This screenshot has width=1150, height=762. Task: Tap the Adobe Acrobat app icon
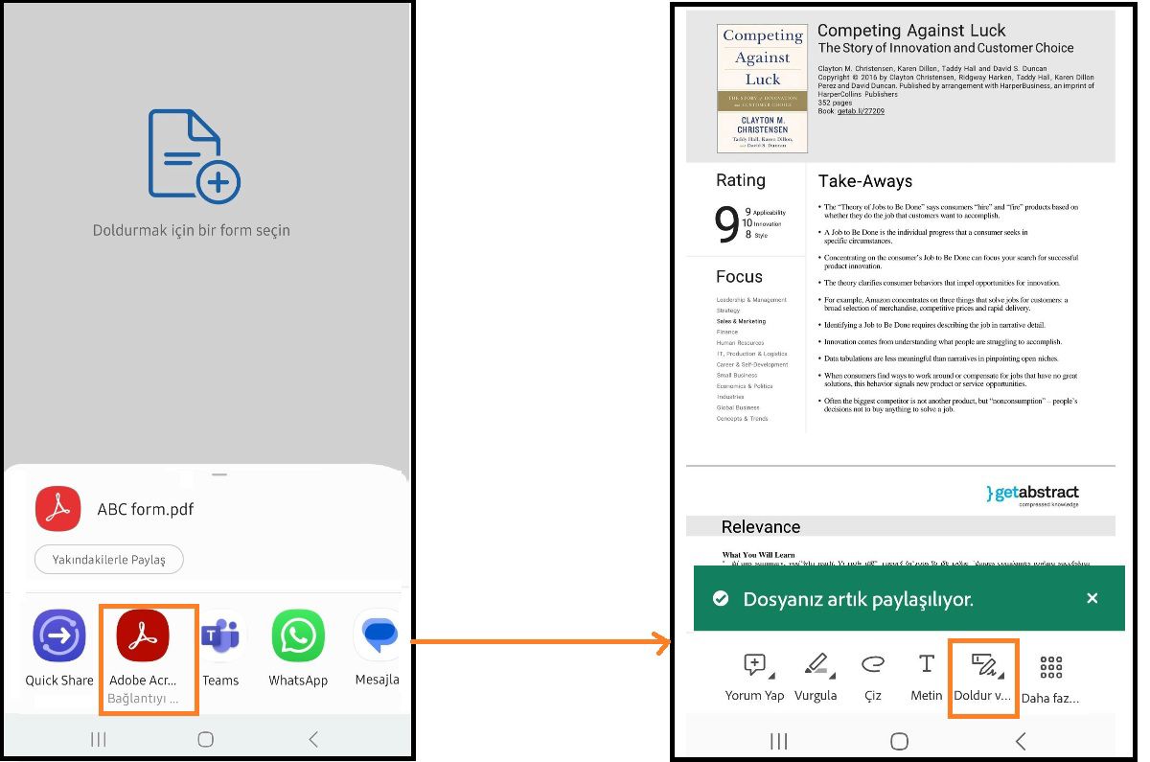(x=143, y=635)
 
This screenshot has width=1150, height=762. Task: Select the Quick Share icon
(x=59, y=635)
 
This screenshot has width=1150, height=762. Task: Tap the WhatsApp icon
(x=298, y=635)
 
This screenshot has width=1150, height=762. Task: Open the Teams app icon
(x=220, y=635)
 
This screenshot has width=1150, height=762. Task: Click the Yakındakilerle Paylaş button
(x=108, y=560)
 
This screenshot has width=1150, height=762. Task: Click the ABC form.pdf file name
(x=146, y=509)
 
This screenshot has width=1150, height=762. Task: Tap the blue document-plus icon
(x=193, y=155)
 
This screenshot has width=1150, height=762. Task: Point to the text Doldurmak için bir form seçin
(x=192, y=230)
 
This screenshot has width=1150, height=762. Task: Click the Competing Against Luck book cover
(x=762, y=88)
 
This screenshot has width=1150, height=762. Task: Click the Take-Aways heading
(x=864, y=181)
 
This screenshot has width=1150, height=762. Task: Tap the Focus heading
(x=739, y=277)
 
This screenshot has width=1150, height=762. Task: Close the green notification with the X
(x=1092, y=598)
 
